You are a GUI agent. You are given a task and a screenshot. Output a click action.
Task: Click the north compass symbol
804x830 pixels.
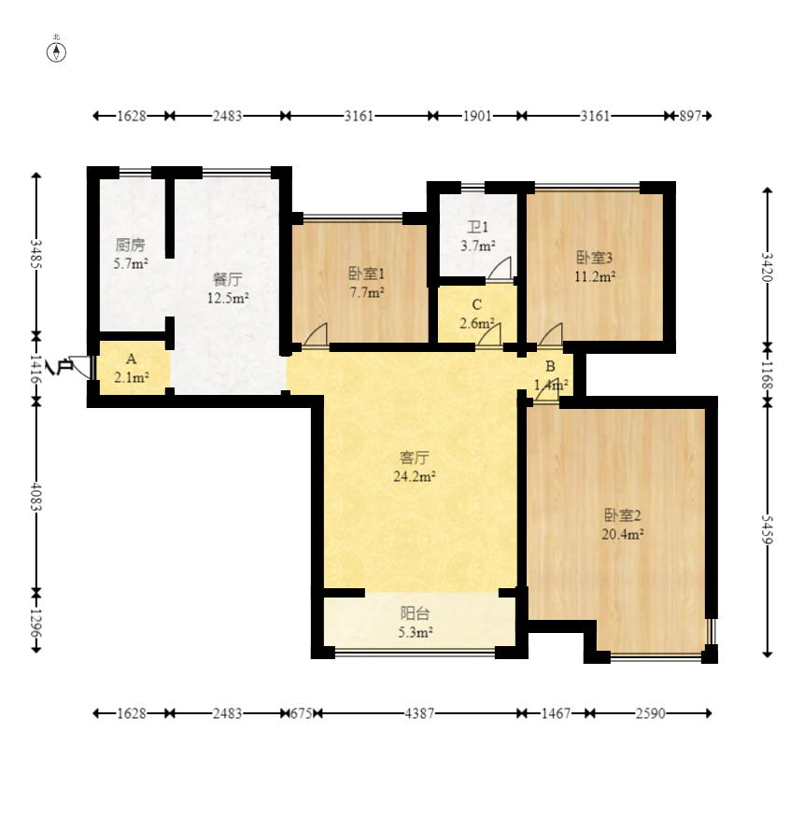56,52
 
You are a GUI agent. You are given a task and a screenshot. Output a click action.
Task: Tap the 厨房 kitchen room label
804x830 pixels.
130,245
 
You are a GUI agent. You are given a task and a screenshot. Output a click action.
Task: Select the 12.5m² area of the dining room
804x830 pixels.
228,298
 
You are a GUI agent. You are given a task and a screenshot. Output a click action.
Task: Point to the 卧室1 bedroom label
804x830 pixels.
366,274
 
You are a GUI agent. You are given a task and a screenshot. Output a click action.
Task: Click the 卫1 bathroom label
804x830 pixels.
477,227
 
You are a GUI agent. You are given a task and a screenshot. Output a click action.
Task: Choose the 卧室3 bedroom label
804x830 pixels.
595,258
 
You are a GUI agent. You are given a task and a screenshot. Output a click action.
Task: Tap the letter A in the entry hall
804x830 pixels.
132,359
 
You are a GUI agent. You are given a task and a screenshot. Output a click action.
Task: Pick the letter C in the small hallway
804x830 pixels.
477,305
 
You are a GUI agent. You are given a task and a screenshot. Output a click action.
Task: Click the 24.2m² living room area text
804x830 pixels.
415,476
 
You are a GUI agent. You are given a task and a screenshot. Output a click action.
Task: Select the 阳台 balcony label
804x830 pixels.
415,613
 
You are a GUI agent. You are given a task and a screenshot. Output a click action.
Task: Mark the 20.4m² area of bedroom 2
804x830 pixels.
623,534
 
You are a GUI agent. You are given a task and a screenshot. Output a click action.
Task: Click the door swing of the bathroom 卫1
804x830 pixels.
501,268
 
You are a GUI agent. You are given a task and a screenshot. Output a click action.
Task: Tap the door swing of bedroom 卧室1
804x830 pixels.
316,335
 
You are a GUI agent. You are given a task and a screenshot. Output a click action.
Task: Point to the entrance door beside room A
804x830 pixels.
80,366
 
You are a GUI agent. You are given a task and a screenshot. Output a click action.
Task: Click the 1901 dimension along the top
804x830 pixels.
477,116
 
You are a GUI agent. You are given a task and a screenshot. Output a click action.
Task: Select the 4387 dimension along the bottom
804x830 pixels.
419,713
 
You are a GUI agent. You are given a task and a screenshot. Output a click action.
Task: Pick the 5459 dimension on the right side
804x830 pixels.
768,529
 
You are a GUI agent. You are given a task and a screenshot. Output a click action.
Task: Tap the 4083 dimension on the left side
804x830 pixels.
35,496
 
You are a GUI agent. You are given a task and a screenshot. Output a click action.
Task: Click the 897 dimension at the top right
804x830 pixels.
690,116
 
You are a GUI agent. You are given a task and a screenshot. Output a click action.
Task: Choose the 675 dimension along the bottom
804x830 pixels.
302,713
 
